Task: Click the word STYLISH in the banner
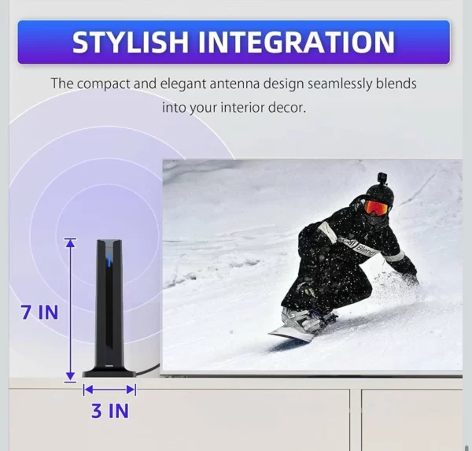pos(127,42)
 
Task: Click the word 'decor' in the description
pos(286,106)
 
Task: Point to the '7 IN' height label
pos(39,312)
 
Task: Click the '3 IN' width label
pos(109,410)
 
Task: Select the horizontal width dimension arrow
pos(109,389)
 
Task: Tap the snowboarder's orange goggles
pos(376,207)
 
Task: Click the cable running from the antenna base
pos(149,369)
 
